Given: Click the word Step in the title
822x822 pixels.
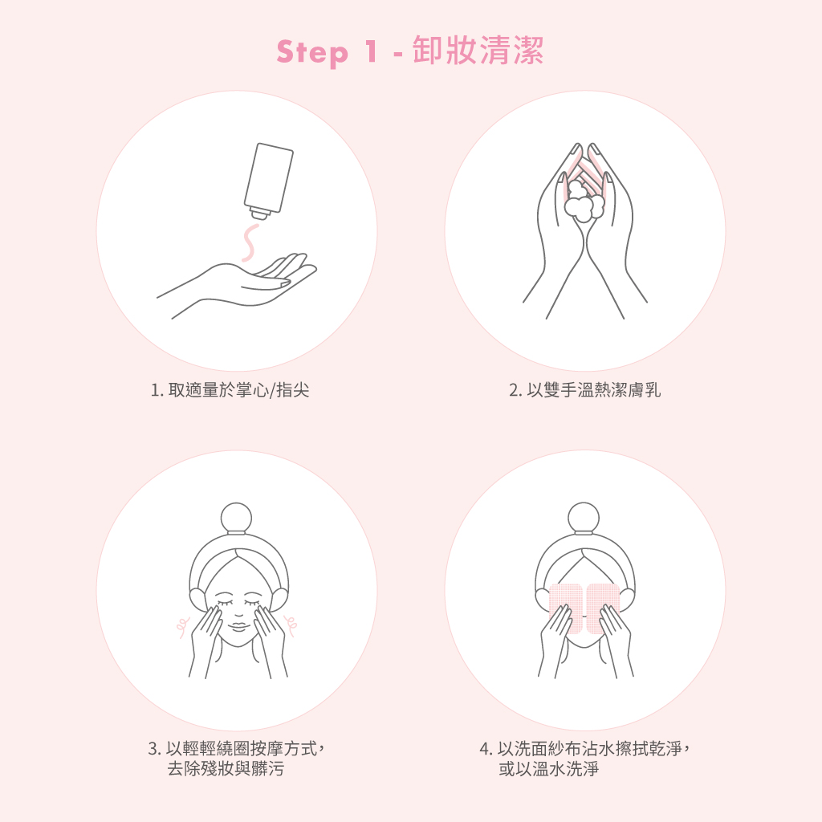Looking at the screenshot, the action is tap(312, 52).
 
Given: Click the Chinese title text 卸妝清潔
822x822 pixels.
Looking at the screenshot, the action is tap(478, 51).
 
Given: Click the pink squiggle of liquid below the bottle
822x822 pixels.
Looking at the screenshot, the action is tap(249, 242).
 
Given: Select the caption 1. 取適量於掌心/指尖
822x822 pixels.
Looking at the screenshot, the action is tap(230, 390).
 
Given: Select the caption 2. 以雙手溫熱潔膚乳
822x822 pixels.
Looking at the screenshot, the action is tap(584, 390).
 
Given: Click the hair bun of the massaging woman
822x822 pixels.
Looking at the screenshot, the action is tap(237, 518).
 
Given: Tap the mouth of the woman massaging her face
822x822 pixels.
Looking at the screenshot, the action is tap(238, 626).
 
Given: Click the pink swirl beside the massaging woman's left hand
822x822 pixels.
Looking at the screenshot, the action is tap(182, 626).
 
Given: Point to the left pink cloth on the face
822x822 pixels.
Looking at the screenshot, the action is tap(565, 608).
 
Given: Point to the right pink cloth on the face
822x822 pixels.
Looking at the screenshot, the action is tap(603, 608).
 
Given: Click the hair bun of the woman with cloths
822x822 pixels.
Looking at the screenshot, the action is tap(584, 518).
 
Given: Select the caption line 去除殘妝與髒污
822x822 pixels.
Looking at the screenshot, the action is tap(226, 769).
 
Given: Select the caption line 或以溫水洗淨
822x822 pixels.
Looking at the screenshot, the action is tap(548, 769).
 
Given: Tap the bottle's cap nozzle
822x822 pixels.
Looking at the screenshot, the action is tap(259, 213).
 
